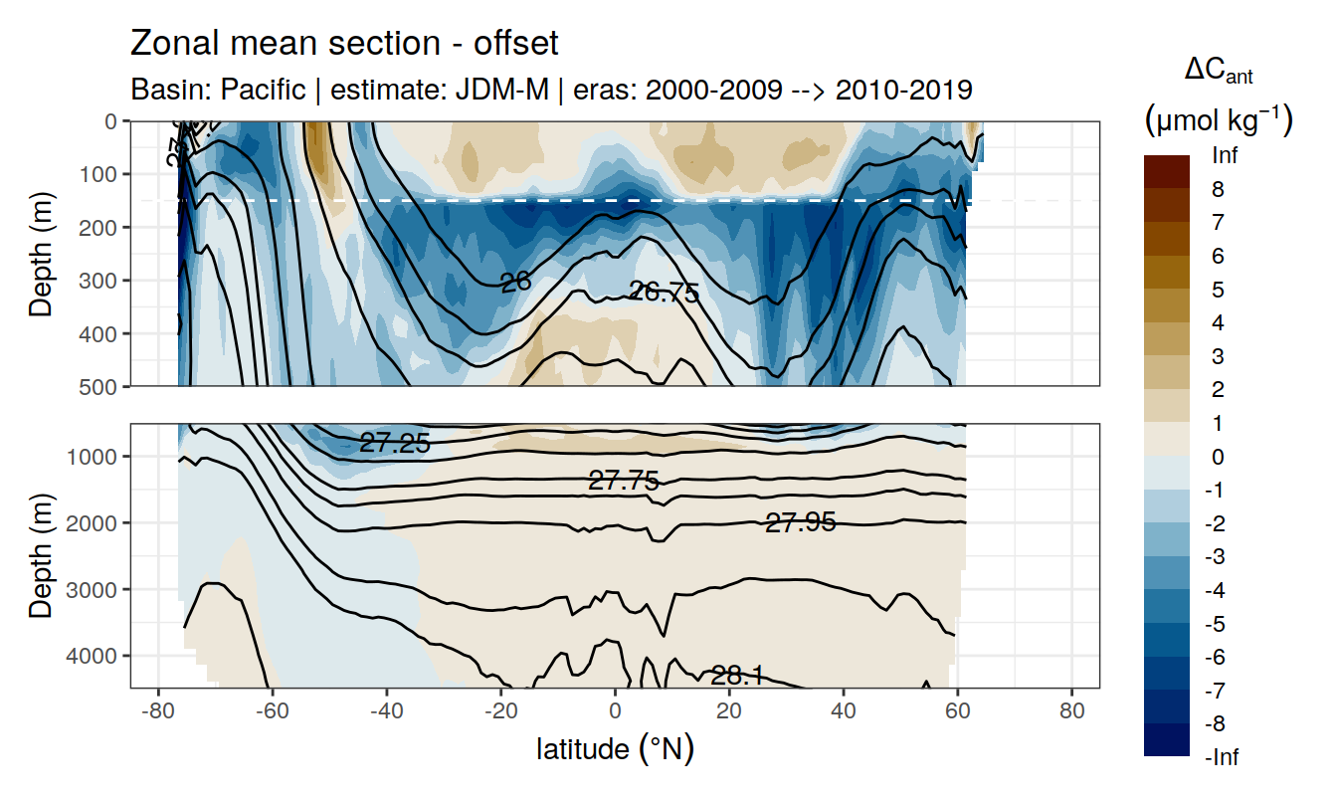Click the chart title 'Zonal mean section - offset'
[344, 44]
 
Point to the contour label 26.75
[664, 293]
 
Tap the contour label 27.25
[395, 444]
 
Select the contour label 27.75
[624, 482]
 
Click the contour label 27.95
[800, 521]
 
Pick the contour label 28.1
[737, 677]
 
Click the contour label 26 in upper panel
[515, 283]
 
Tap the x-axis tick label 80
[1071, 712]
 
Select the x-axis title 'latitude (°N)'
[615, 748]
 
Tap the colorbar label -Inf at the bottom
[1222, 758]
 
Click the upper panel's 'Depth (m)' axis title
[41, 254]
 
